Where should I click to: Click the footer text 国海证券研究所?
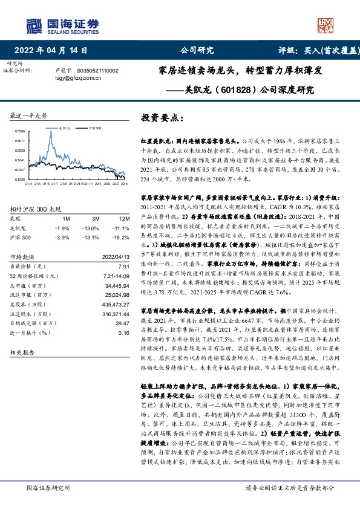point(46,487)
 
